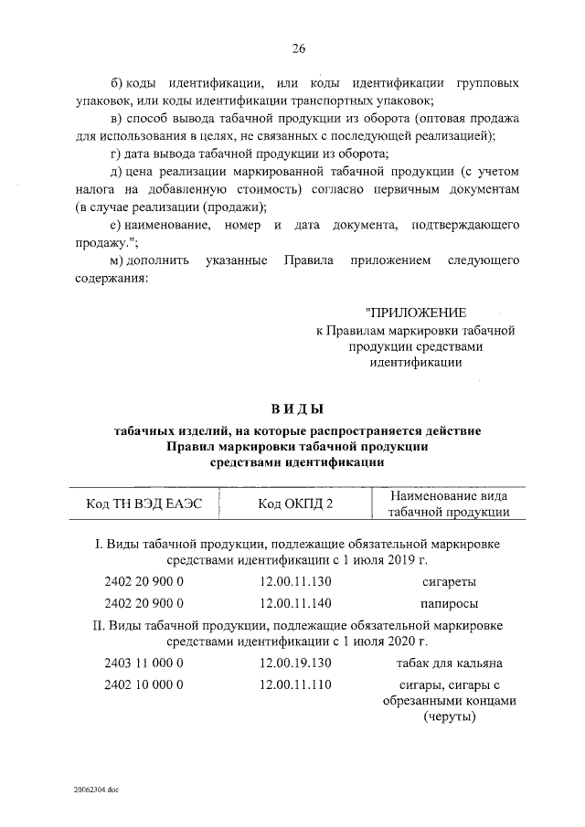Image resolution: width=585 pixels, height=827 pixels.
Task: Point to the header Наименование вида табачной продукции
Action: coord(448,504)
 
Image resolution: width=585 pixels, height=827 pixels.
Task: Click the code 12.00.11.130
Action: coord(295,582)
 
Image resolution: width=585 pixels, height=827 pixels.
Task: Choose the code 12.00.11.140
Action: coord(295,603)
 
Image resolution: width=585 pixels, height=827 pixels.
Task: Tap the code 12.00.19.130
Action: coord(295,663)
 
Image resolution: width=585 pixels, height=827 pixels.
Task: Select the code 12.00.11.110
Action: coord(295,684)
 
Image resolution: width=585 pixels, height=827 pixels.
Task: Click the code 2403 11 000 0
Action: coord(144,663)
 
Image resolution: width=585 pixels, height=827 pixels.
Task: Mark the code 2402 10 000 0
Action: coord(144,684)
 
